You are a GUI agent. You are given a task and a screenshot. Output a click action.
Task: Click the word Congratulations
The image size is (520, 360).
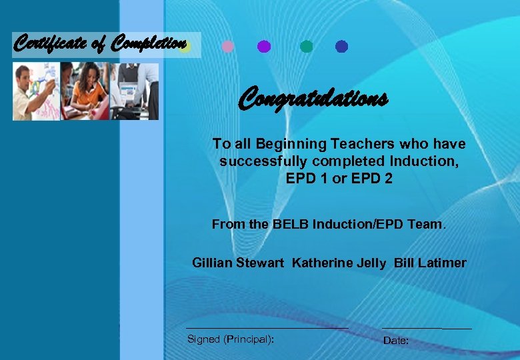point(313,99)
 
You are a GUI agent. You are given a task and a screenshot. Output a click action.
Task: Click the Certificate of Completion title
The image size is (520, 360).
point(100,44)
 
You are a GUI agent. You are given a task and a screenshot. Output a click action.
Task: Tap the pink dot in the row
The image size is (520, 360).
point(227,47)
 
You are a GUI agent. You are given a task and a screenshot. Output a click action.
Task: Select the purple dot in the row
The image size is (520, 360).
point(264,47)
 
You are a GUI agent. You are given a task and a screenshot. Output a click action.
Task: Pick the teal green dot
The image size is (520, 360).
point(307,47)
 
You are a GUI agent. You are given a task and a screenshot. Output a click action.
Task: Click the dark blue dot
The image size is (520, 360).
point(342,47)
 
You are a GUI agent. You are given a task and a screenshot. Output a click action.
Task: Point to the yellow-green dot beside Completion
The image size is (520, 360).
point(186,47)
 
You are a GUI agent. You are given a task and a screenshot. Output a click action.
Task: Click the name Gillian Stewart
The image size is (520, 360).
point(238,263)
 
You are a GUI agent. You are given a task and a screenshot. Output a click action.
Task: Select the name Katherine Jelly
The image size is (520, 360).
point(339,263)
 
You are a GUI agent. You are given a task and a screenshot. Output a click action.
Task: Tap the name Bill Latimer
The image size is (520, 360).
point(430,263)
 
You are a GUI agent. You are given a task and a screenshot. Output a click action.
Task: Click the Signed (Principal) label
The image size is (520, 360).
point(230,339)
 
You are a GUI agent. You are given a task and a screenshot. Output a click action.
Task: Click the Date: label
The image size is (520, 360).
point(396,341)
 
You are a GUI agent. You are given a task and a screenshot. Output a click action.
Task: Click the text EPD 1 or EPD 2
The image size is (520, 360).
point(339,179)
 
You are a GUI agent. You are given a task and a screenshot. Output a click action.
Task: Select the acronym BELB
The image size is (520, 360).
point(289,225)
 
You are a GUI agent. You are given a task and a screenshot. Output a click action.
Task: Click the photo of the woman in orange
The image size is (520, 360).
point(85,92)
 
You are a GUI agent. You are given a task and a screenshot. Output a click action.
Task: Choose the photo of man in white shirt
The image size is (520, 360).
point(35,92)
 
